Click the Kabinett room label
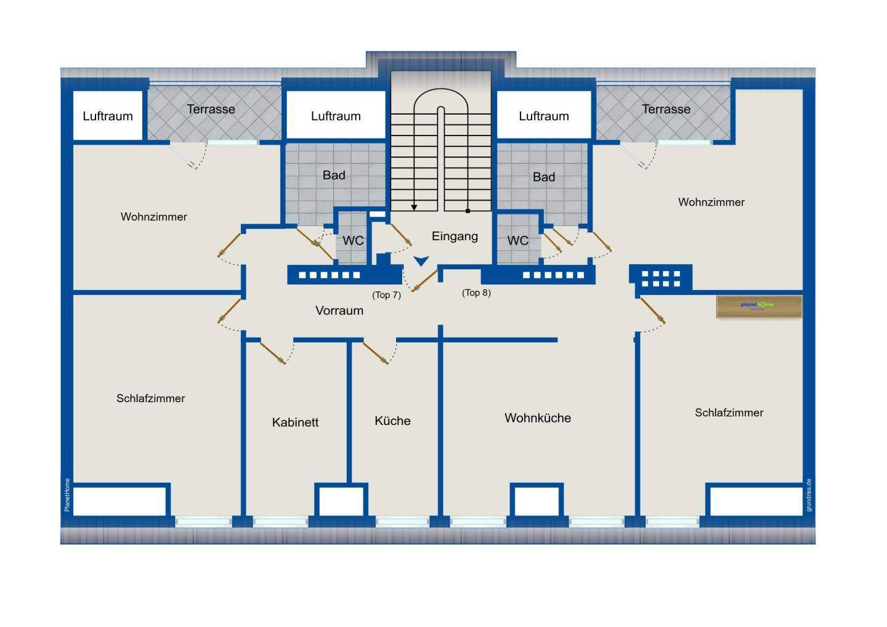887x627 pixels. click(295, 423)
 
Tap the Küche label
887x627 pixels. click(392, 421)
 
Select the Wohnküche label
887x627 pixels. click(538, 418)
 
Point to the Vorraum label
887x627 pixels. click(339, 310)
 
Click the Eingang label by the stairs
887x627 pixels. click(455, 236)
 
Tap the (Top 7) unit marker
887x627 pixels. click(386, 295)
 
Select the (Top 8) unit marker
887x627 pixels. click(476, 293)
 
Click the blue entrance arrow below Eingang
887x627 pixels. click(421, 262)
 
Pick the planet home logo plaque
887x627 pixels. click(759, 306)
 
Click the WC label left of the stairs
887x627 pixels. click(353, 240)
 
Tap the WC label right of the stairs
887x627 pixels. click(517, 240)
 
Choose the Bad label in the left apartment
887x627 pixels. click(334, 176)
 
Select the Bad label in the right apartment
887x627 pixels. click(543, 177)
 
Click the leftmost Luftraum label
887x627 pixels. click(108, 116)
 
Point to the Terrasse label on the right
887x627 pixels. click(666, 109)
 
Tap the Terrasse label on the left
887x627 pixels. click(211, 109)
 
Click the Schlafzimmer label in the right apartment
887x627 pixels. click(729, 413)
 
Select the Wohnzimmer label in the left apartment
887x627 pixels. click(153, 217)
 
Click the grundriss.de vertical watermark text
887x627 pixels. click(809, 495)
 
